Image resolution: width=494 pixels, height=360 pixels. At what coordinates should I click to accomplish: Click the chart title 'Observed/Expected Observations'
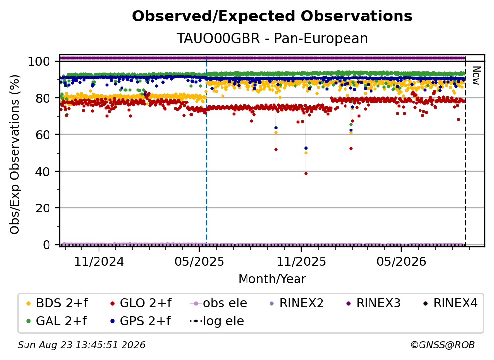pos(272,16)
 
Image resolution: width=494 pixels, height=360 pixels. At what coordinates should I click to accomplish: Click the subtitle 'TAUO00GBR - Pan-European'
pos(272,38)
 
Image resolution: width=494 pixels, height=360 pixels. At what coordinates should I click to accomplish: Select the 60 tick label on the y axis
pos(43,134)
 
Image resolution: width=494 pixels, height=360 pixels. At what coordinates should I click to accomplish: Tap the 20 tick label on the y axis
pos(43,208)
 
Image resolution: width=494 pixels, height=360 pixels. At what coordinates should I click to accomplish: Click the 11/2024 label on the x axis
pos(99,261)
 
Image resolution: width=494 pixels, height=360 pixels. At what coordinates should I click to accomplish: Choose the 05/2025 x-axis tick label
pos(199,261)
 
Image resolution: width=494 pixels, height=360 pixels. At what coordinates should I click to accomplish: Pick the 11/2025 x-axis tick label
pos(301,261)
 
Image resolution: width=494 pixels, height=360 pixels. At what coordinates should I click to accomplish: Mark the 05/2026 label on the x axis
pos(401,261)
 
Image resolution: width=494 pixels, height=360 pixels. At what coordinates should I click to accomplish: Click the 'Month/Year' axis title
pos(272,279)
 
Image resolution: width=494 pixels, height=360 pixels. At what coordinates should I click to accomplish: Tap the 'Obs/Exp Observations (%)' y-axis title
pos(15,154)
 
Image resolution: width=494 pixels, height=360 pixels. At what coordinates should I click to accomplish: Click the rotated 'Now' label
pos(476,76)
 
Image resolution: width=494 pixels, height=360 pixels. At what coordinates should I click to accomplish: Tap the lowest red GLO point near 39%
pos(306,174)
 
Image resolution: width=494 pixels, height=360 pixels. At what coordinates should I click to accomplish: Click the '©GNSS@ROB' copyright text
pos(443,345)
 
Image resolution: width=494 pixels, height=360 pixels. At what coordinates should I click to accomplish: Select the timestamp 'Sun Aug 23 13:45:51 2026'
pos(81,345)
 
